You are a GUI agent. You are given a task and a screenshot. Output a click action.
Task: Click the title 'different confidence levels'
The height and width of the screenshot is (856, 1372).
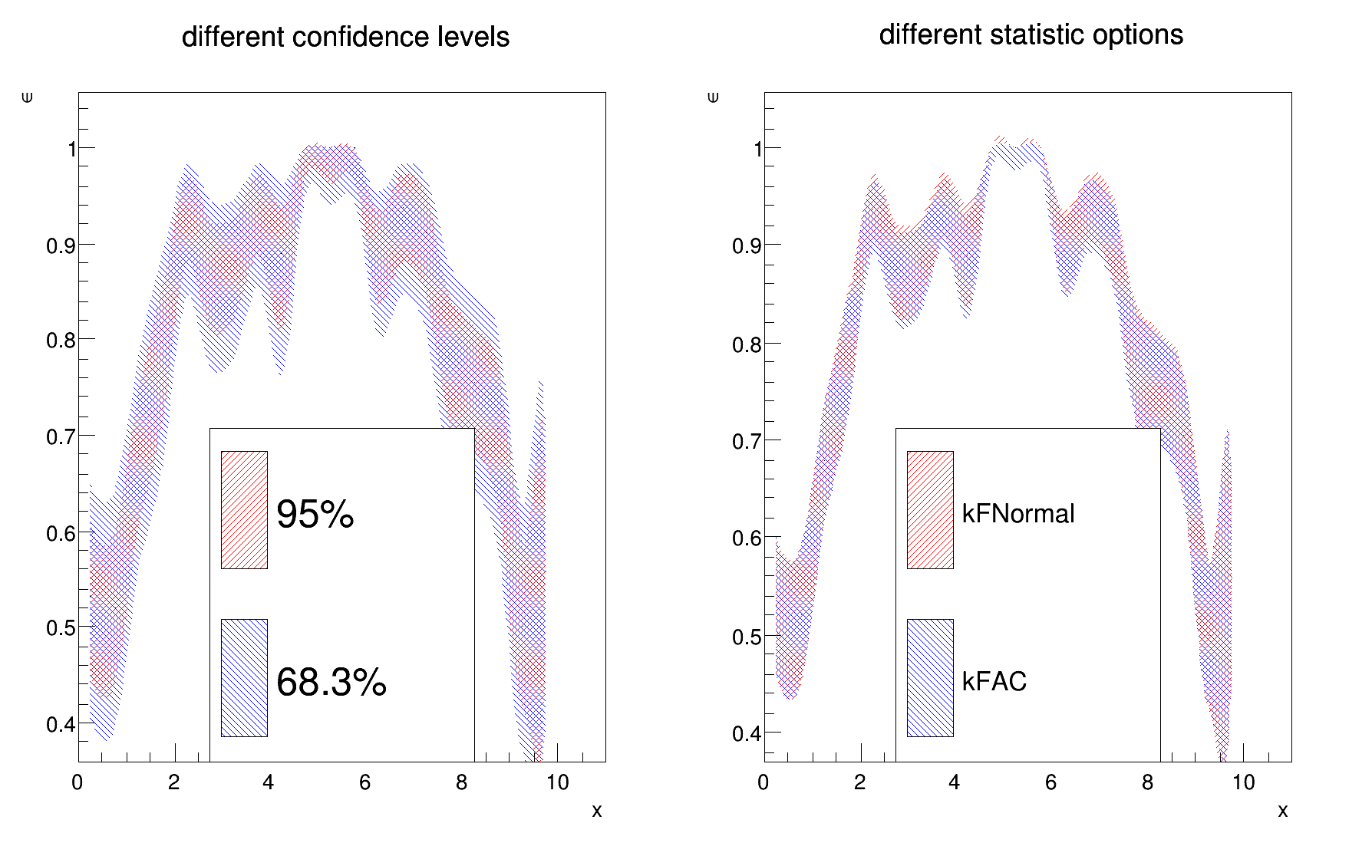coord(345,37)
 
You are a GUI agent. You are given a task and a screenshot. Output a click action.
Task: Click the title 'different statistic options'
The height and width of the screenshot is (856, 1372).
coord(1031,35)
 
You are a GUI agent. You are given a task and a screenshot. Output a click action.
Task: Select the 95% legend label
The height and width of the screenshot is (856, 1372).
coord(315,515)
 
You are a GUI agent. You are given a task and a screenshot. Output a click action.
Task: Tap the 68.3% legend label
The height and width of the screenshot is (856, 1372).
coord(331,682)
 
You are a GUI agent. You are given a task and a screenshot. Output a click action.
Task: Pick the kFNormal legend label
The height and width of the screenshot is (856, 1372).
coord(1018,514)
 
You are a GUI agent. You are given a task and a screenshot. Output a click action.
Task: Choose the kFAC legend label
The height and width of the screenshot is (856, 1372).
coord(994,681)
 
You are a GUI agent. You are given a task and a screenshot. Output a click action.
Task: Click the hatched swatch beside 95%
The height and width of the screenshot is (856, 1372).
coord(244,510)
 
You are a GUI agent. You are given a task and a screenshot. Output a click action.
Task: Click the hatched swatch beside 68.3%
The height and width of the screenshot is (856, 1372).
coord(244,678)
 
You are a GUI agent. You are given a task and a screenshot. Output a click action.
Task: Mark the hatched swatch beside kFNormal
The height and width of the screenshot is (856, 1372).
coord(930,510)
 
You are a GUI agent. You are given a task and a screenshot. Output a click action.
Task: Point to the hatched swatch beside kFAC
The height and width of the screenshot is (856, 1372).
coord(930,678)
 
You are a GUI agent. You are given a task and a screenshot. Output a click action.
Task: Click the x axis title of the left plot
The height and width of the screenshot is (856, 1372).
coord(596,811)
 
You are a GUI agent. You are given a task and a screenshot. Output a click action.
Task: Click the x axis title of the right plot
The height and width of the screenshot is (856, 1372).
coord(1282,811)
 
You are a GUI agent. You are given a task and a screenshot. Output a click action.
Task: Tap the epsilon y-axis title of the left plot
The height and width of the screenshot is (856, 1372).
coord(28,97)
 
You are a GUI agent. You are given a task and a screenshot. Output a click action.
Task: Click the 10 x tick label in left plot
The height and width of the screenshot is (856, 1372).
coord(557,783)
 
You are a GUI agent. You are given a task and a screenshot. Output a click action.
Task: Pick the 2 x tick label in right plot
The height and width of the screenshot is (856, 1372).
coord(859,783)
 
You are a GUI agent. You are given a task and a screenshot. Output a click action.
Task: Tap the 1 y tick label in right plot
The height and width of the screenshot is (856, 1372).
coord(758,149)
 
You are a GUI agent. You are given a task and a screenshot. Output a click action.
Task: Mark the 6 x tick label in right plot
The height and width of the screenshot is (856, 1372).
coord(1050,783)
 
